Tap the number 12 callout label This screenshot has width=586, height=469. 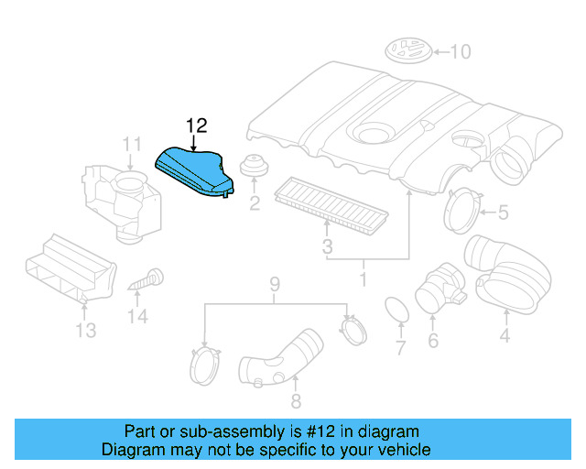coord(198,125)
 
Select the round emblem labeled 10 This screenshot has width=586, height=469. coord(407,50)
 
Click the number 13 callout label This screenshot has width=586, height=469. coord(85,330)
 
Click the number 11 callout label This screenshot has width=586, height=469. coord(133,144)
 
